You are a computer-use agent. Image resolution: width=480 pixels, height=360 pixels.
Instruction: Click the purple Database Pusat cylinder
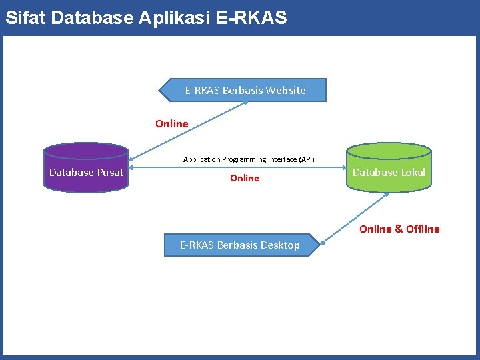[x=86, y=167]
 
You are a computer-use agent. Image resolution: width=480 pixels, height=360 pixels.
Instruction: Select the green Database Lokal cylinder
[x=389, y=167]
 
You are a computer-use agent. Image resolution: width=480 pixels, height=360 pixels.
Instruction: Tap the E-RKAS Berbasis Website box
[x=243, y=90]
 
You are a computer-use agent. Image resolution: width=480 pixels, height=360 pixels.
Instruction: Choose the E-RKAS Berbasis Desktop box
[x=242, y=245]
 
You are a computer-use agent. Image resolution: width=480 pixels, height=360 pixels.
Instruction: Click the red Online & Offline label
[x=399, y=229]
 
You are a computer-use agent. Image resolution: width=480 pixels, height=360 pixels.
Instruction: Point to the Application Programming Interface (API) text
[x=249, y=159]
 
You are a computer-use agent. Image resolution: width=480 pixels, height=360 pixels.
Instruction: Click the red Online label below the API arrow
[x=245, y=178]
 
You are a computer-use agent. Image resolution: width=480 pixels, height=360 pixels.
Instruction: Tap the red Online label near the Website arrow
[x=172, y=124]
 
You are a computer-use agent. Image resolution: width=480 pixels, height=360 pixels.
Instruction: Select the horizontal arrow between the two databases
[x=237, y=167]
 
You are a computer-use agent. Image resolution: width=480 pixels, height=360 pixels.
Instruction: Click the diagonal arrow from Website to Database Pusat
[x=188, y=131]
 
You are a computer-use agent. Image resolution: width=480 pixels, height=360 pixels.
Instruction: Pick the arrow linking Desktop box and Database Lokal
[x=354, y=219]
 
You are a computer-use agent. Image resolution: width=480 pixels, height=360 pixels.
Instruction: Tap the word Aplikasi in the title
[x=175, y=19]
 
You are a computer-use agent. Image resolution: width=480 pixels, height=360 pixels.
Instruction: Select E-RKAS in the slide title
[x=251, y=17]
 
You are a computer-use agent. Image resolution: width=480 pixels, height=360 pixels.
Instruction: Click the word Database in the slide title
[x=92, y=17]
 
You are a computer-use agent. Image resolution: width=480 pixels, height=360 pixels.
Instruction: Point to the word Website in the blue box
[x=285, y=90]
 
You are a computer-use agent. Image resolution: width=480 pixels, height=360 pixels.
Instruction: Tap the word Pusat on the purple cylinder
[x=110, y=173]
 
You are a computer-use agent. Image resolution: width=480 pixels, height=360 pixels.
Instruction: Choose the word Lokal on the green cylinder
[x=413, y=173]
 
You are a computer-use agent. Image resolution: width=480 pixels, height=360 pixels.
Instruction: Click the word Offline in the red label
[x=423, y=229]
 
